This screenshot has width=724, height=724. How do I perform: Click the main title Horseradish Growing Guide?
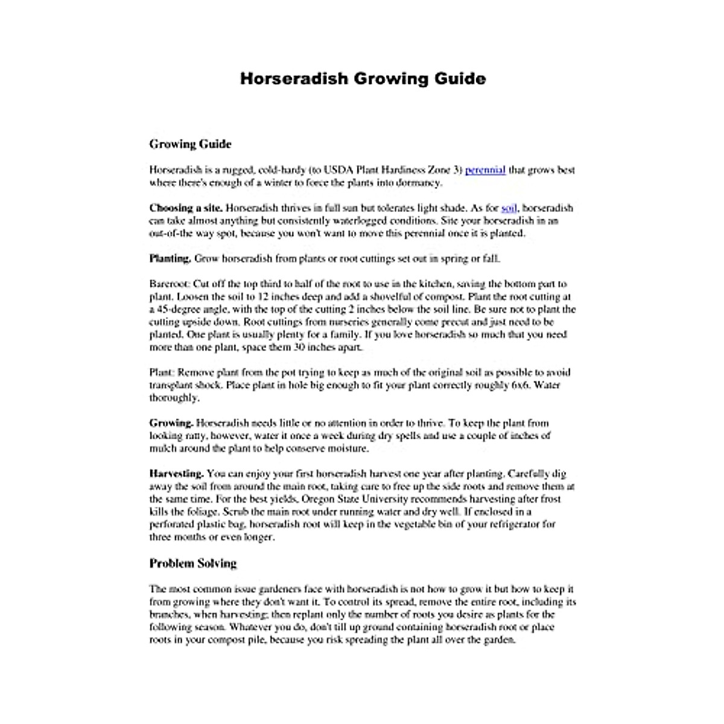click(363, 79)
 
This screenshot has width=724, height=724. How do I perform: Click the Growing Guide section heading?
click(190, 144)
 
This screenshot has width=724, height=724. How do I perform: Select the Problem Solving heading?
click(192, 564)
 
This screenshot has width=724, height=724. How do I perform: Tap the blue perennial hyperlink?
click(485, 170)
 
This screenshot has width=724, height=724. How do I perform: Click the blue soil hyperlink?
click(509, 208)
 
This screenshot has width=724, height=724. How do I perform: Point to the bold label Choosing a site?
click(186, 208)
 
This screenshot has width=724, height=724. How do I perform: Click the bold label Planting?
click(170, 259)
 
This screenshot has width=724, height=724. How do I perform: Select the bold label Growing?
click(171, 423)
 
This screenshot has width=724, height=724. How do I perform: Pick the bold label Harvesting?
click(176, 474)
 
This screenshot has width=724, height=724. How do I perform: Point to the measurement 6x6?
click(520, 385)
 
